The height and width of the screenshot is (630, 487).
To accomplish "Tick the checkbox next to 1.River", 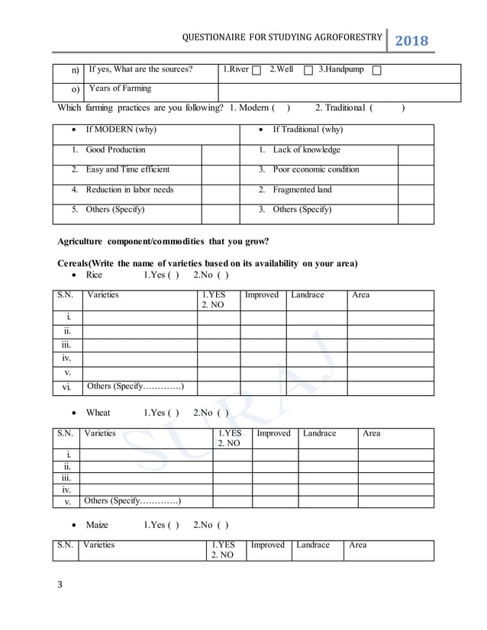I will pos(256,71).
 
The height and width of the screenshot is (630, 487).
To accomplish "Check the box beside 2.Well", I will pos(308,71).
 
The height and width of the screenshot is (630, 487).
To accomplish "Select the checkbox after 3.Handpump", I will pos(377,71).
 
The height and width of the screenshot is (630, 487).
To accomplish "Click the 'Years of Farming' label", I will pos(120,88).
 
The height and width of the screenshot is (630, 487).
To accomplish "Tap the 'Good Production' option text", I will pos(115,149).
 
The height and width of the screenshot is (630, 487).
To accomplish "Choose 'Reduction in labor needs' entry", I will pos(130,189).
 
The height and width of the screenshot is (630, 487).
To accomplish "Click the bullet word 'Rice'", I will pos(94,275).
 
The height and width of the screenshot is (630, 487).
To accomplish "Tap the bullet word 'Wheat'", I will pos(98,413).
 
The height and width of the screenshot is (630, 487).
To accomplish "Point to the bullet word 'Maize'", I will pos(97,526).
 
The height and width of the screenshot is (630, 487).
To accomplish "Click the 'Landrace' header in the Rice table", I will pos(308,294).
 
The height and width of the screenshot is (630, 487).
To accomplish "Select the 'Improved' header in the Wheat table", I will pos(273,433).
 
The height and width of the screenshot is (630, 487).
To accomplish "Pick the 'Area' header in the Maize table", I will pos(357,545).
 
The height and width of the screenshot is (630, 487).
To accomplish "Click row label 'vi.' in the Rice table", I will pos(67,387).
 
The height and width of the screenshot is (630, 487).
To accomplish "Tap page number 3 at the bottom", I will pos(60,585).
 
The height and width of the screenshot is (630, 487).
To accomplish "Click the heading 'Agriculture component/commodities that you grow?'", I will pos(163,242).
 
